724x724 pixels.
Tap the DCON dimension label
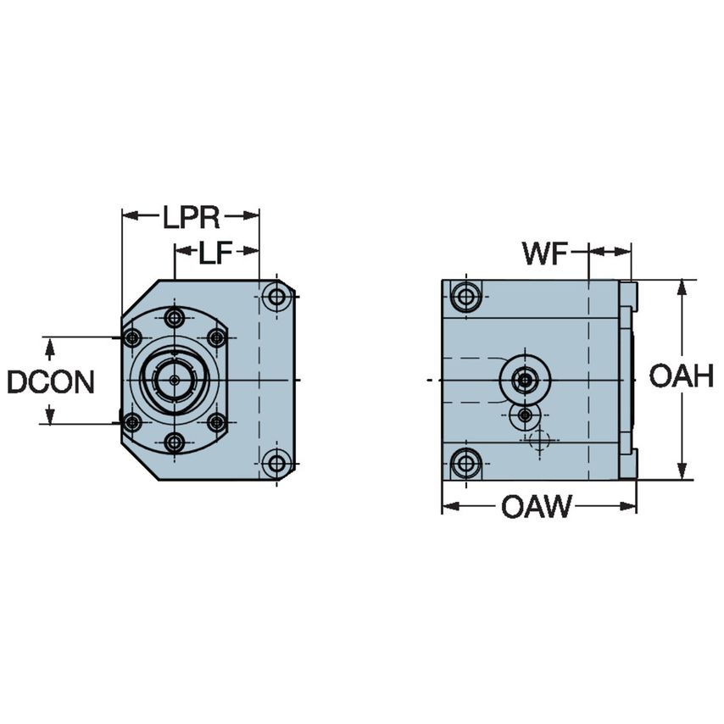point(50,381)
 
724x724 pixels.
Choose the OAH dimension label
point(681,376)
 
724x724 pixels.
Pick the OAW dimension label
point(536,508)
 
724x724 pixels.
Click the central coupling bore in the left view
point(175,380)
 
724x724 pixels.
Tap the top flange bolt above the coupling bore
point(175,319)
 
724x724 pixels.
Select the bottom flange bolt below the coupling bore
point(175,442)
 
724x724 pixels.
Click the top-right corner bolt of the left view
point(276,298)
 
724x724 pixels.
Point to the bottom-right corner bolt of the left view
point(276,463)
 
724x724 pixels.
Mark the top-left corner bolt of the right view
point(465,298)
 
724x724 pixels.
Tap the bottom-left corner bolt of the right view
point(465,463)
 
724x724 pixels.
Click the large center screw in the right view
point(526,380)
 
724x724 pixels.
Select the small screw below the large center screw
point(526,415)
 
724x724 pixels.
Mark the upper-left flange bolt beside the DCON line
point(131,338)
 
